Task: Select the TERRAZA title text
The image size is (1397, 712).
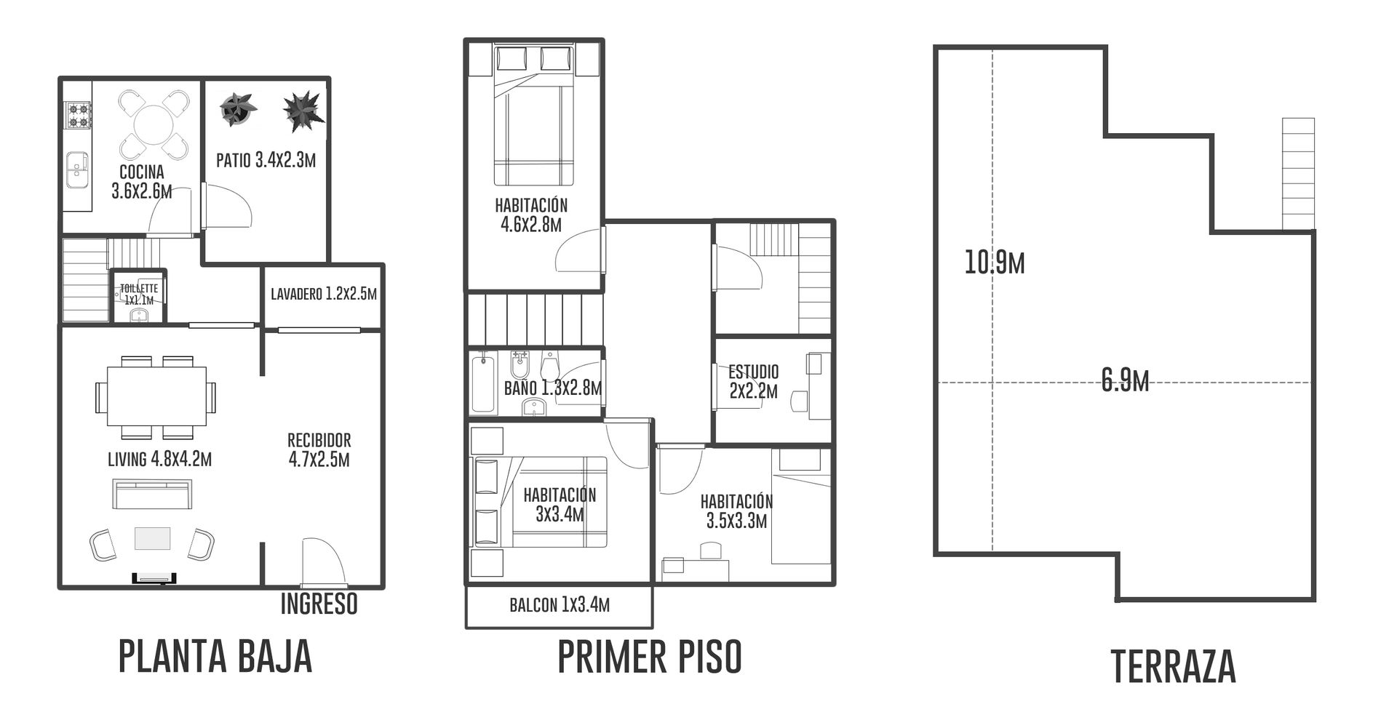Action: (x=1174, y=666)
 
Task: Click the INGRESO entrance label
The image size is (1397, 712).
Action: (x=319, y=604)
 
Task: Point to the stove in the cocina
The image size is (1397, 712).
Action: (x=78, y=115)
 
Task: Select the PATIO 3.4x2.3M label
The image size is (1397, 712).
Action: (x=266, y=160)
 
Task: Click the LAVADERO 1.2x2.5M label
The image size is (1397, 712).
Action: (x=324, y=294)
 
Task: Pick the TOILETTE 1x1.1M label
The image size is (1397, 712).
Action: (x=139, y=294)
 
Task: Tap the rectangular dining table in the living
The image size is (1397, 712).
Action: (x=156, y=396)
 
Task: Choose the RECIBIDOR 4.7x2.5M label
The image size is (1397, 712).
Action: (x=319, y=449)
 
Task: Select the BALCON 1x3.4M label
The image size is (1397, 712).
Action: (x=560, y=604)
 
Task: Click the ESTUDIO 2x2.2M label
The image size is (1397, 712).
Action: (x=754, y=382)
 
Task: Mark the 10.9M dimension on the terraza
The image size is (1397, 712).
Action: (x=995, y=263)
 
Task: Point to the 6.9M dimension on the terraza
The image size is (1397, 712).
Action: (x=1125, y=380)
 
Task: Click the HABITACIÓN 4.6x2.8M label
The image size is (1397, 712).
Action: (x=531, y=215)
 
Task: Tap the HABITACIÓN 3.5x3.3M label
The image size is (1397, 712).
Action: (x=736, y=511)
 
